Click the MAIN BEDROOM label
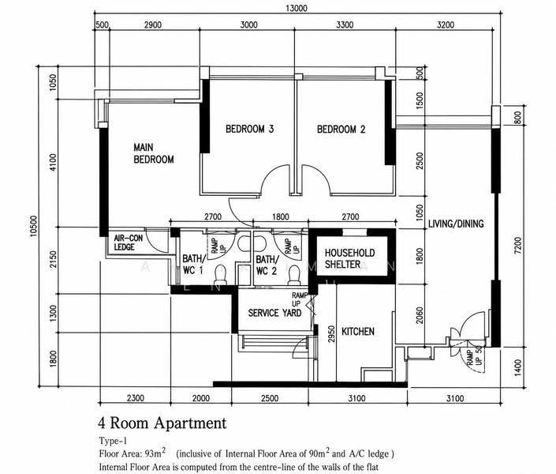[x=154, y=153]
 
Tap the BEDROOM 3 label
[x=250, y=129]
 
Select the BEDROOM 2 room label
[x=341, y=129]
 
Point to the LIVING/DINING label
[x=456, y=224]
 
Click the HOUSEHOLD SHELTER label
[x=349, y=258]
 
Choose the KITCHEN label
[x=358, y=331]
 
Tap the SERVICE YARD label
[x=274, y=313]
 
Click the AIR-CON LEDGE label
[x=128, y=243]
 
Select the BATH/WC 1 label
[x=193, y=265]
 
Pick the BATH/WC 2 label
[x=267, y=265]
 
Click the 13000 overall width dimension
[x=297, y=8]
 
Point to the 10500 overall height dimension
[x=34, y=226]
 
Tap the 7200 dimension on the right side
[x=517, y=245]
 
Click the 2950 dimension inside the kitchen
[x=331, y=334]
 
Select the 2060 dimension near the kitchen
[x=420, y=315]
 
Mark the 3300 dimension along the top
[x=345, y=24]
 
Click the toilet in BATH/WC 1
[x=220, y=275]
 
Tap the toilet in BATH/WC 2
[x=294, y=276]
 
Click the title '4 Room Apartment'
[x=162, y=423]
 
